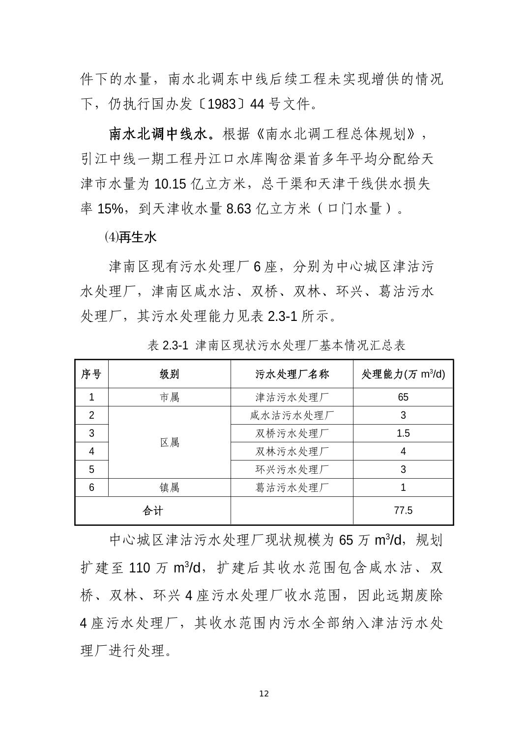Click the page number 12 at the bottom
click(x=264, y=693)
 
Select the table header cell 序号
click(x=91, y=374)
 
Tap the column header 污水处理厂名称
click(x=292, y=374)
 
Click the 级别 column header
click(x=169, y=374)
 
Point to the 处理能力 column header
click(x=403, y=374)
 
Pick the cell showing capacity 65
click(x=403, y=397)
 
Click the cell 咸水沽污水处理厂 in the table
click(x=292, y=415)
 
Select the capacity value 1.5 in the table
click(x=403, y=433)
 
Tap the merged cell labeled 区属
click(x=169, y=442)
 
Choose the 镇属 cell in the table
click(x=169, y=488)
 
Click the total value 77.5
click(x=403, y=511)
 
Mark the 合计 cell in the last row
click(x=152, y=511)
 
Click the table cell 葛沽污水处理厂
click(x=292, y=488)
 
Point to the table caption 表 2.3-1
click(x=168, y=345)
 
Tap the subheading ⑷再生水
click(x=130, y=237)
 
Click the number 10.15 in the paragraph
click(x=170, y=185)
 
